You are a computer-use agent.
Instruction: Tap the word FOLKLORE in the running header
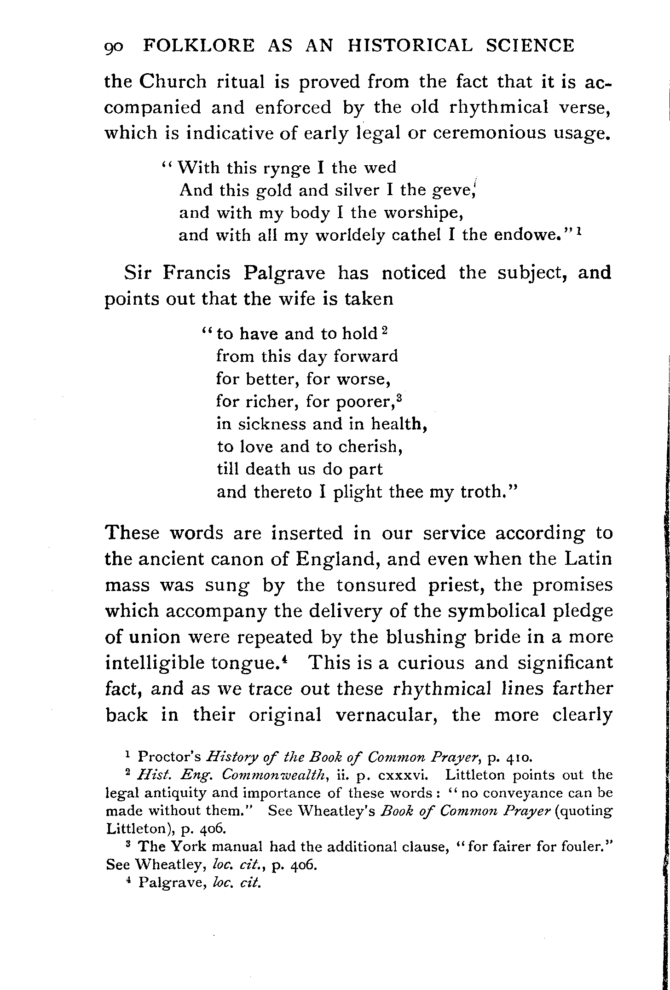(x=199, y=46)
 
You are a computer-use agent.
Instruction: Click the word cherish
(x=372, y=447)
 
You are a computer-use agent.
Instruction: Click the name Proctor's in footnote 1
(x=169, y=757)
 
